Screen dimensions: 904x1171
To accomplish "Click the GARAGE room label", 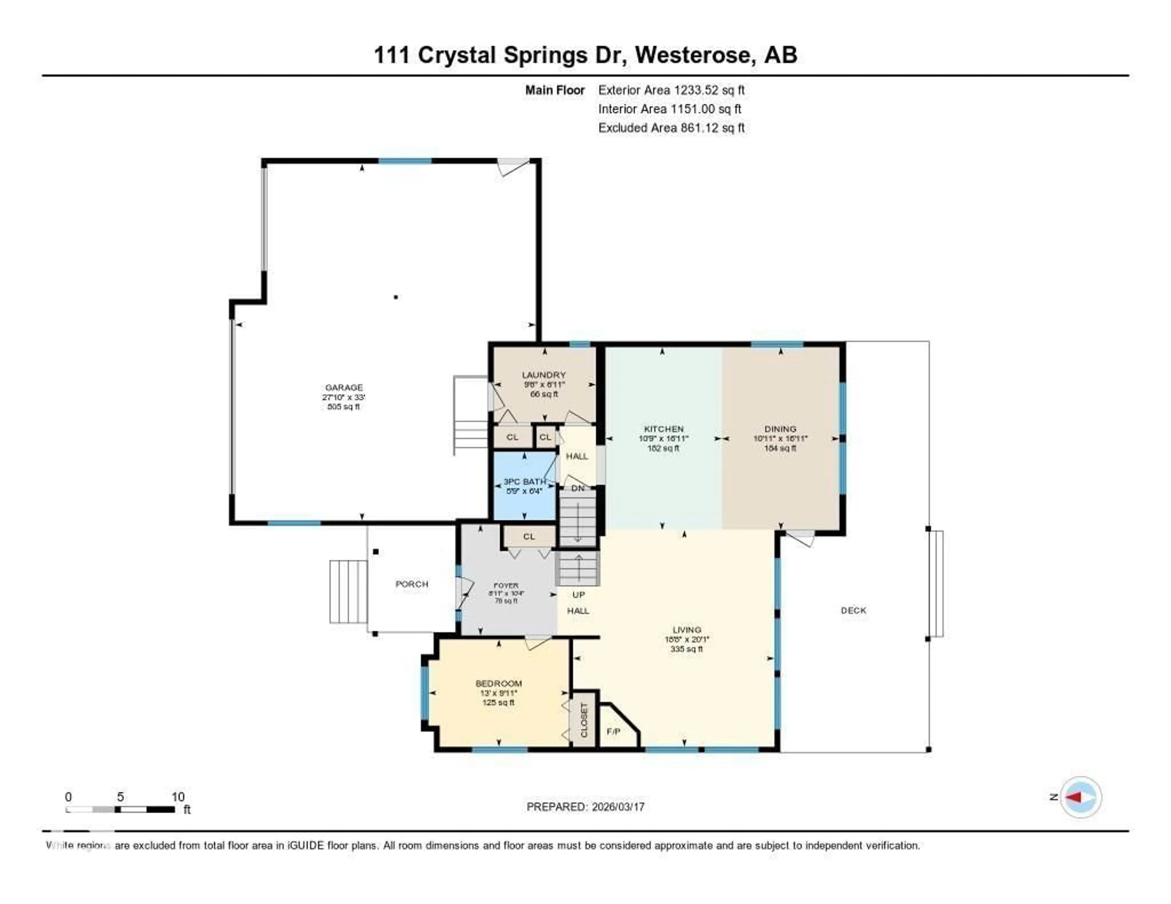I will tap(344, 387).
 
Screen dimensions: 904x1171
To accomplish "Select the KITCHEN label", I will tap(663, 429).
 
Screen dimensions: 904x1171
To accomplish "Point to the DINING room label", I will tap(780, 429).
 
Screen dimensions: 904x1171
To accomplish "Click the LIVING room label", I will tap(687, 630).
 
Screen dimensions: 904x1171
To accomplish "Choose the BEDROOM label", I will tap(499, 683).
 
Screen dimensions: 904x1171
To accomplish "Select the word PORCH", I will tap(412, 584).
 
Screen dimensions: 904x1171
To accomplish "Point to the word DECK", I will tap(853, 610).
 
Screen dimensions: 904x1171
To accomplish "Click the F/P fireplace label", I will tap(613, 731).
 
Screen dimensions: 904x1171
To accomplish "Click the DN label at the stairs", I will tap(578, 488).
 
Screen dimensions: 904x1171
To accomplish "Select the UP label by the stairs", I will tap(578, 594).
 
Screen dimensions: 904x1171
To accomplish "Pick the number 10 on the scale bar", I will tap(177, 797).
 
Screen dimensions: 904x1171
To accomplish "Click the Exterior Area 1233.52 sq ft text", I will tap(671, 90).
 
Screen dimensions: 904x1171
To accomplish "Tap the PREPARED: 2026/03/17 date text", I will tap(585, 806).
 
